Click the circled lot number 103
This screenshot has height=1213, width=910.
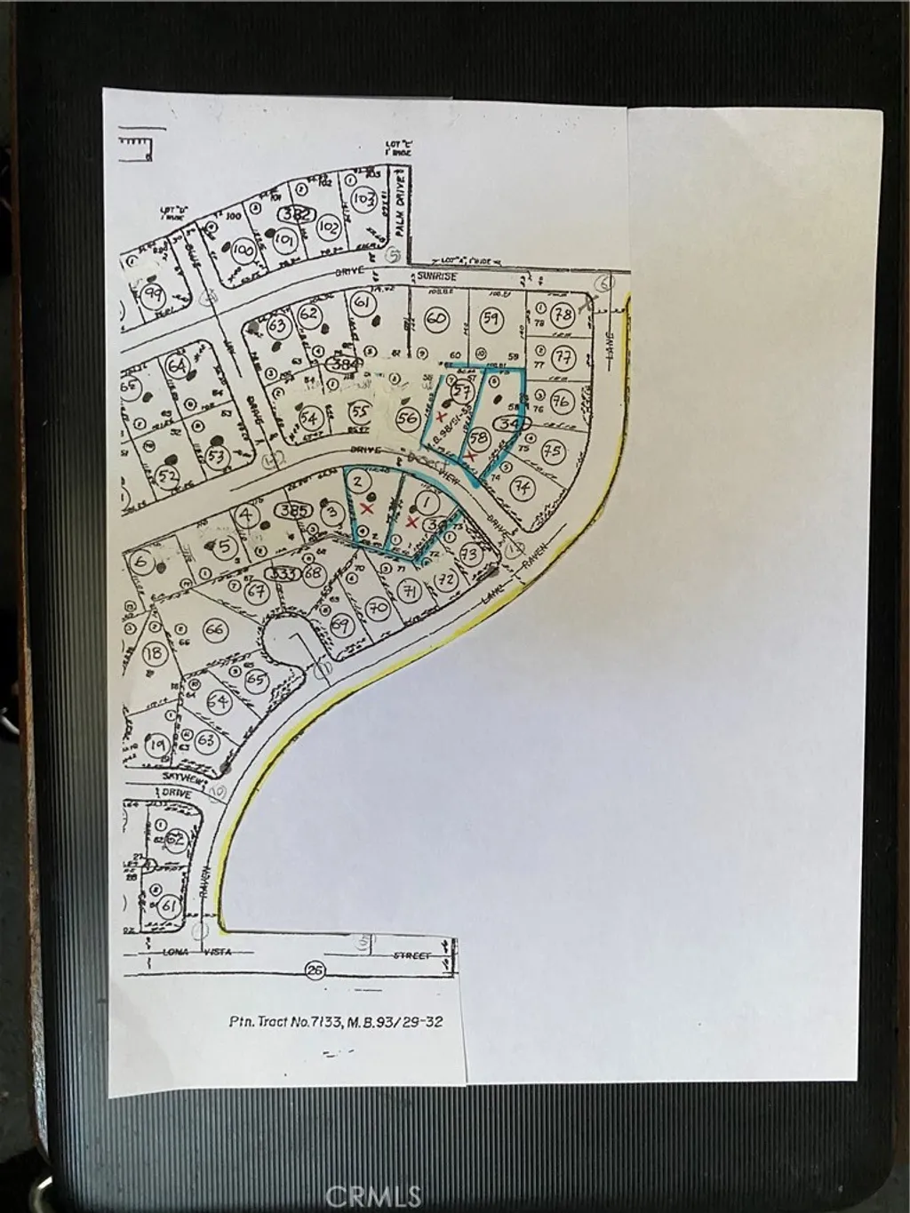click(363, 199)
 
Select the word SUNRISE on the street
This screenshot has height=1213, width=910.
click(441, 277)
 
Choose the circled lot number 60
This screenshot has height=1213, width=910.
click(435, 317)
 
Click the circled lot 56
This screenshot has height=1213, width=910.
click(408, 419)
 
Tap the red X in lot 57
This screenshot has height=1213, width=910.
click(442, 417)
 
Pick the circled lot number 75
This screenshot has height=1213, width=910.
click(553, 451)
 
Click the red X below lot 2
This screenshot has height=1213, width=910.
click(365, 508)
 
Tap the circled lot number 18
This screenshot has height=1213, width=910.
click(155, 653)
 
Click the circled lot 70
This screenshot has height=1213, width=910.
click(379, 609)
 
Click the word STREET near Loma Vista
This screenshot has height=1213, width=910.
click(411, 956)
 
